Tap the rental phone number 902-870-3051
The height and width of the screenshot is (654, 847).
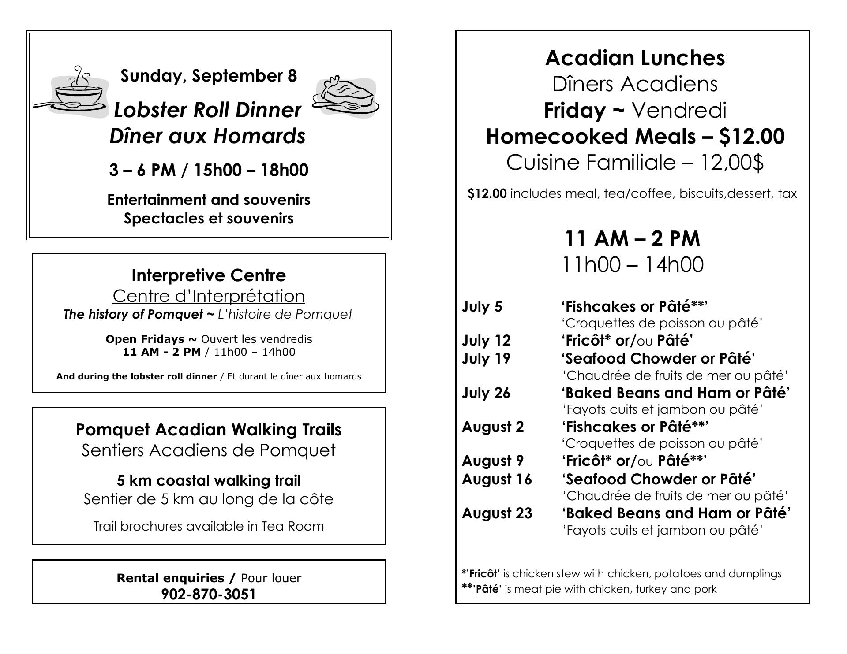[209, 594]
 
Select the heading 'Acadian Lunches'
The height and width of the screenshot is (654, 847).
[635, 58]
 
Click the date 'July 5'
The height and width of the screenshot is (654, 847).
[482, 306]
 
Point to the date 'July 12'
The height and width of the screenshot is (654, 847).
[486, 341]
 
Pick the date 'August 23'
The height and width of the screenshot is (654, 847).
[497, 513]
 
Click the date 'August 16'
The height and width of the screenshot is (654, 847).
[497, 479]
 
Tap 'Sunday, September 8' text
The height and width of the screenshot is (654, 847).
[209, 76]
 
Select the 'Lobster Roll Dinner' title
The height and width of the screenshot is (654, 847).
[208, 110]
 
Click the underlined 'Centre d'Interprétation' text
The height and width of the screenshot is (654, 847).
[209, 296]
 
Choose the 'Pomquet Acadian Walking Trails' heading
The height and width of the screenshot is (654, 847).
[209, 429]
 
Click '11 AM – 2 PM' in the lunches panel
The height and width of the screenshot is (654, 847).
[632, 238]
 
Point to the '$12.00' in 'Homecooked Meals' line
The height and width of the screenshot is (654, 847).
[752, 136]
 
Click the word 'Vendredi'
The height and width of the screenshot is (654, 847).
[679, 110]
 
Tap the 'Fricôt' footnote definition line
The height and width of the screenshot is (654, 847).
[621, 573]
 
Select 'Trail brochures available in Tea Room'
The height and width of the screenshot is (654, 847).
[209, 526]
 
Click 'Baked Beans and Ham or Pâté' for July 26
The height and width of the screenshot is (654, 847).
[675, 393]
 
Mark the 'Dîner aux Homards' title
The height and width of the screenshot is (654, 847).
[207, 136]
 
